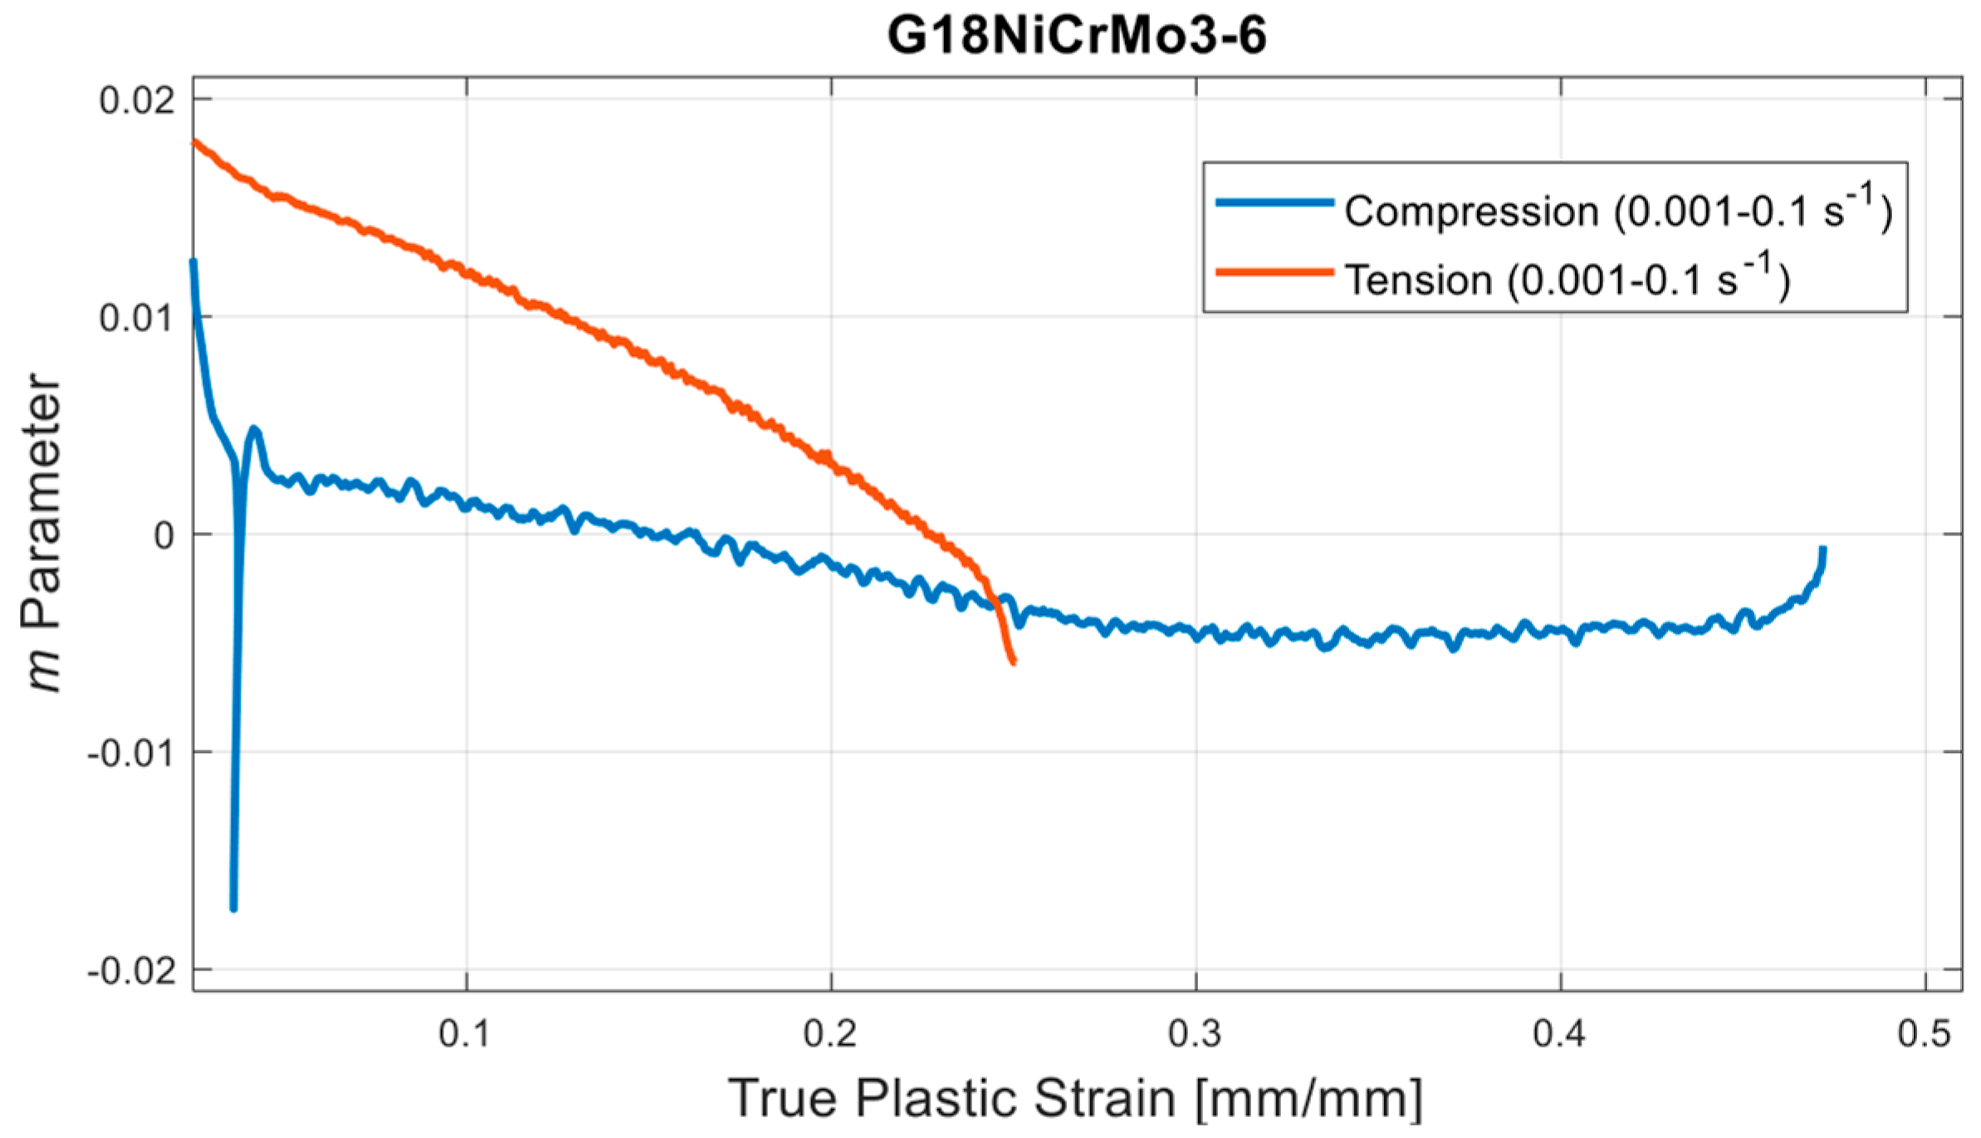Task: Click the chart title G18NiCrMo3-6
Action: tap(1077, 36)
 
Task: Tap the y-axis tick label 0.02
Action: tap(137, 100)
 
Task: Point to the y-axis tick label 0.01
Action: tap(137, 318)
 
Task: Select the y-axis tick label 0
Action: tap(164, 535)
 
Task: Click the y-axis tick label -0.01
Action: tap(131, 754)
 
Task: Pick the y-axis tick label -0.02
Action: tap(131, 971)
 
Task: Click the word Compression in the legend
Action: tap(1471, 212)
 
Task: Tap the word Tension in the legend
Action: tap(1418, 281)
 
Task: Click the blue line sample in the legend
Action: tap(1274, 202)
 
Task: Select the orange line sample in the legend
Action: tap(1274, 271)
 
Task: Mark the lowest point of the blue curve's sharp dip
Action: tap(233, 909)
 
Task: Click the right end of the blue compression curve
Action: tap(1823, 549)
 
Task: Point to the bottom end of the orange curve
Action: tap(1013, 662)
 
